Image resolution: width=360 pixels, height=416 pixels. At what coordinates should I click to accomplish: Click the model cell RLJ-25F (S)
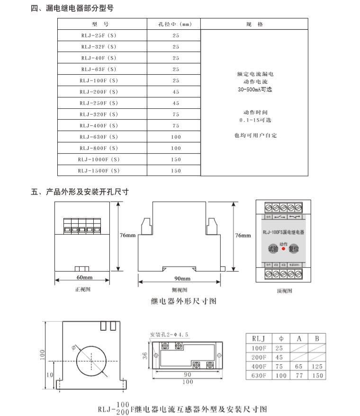click(99, 35)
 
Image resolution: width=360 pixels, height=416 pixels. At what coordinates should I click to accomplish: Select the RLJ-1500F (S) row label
click(99, 170)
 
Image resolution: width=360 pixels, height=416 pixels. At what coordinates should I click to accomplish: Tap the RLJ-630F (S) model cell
click(99, 137)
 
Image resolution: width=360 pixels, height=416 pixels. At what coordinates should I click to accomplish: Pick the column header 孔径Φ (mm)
click(176, 24)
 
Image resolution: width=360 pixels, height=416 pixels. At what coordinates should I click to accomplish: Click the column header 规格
click(254, 24)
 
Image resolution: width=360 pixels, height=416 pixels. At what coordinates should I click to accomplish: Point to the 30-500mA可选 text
click(255, 89)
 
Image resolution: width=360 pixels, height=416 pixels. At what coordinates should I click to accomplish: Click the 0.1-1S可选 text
click(255, 120)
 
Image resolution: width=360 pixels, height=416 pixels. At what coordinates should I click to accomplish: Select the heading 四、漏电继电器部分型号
click(72, 8)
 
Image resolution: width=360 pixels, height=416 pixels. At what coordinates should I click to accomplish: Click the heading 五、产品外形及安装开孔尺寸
click(80, 192)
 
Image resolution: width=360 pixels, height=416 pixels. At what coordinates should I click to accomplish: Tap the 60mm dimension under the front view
click(85, 277)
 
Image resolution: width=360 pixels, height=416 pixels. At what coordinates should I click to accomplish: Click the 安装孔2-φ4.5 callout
click(169, 335)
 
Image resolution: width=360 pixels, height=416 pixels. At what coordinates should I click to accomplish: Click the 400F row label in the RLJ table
click(258, 366)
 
